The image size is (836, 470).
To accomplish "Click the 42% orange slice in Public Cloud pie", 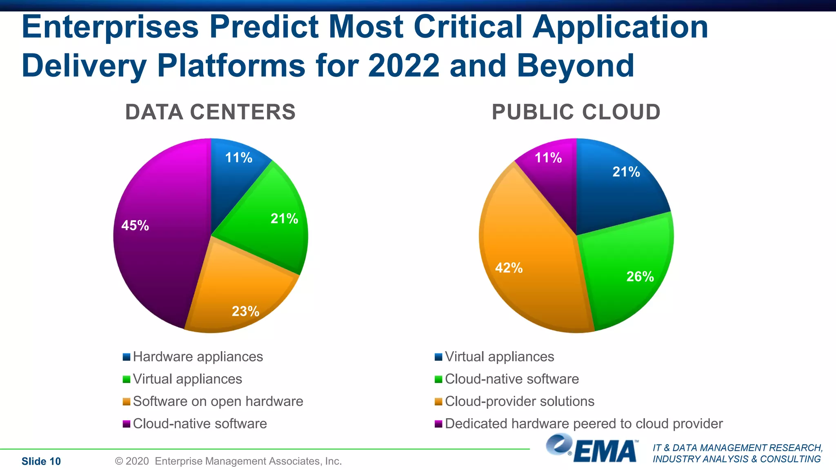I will click(527, 261).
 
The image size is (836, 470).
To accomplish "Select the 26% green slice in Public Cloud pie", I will click(629, 273).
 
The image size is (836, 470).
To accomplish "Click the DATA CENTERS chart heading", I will click(210, 112).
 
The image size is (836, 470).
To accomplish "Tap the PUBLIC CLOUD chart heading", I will click(576, 112).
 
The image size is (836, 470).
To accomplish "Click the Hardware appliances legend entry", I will click(198, 357).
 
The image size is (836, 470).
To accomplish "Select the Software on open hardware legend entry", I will click(218, 401).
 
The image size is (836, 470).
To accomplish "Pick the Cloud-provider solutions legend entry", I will click(519, 401).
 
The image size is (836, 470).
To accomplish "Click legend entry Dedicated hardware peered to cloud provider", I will click(583, 424).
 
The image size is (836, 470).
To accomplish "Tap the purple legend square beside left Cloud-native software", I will click(127, 424).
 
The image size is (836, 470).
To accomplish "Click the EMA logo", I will click(592, 449).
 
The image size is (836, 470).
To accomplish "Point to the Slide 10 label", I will click(41, 461).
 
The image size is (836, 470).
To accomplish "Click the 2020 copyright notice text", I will click(228, 461).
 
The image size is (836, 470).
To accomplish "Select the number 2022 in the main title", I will click(403, 66).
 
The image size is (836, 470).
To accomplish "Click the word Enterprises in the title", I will click(110, 27).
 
